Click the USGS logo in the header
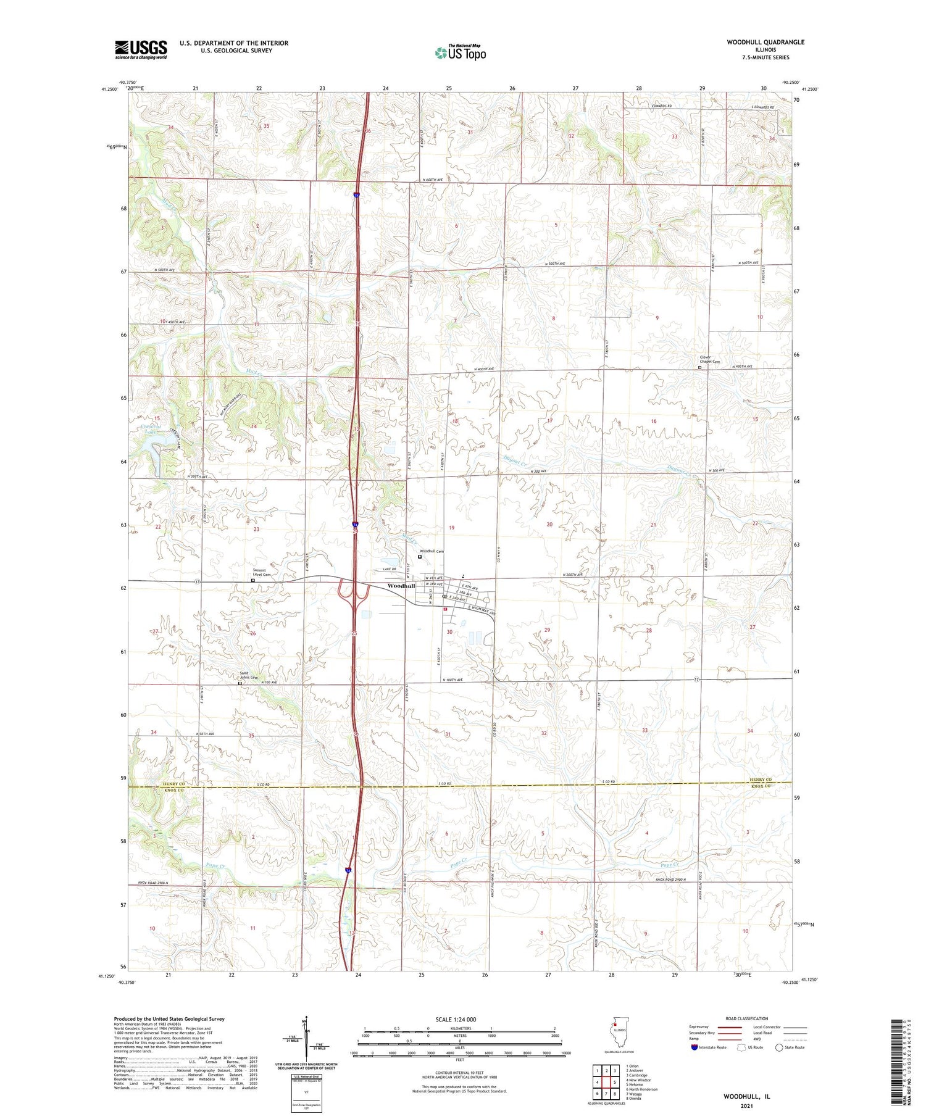click(x=141, y=49)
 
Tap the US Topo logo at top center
click(x=461, y=52)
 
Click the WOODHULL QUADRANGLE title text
click(x=765, y=42)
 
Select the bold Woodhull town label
click(x=401, y=586)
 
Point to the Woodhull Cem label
click(x=432, y=551)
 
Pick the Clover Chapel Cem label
click(x=705, y=359)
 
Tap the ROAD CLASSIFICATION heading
click(x=747, y=1018)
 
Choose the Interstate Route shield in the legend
click(x=694, y=1047)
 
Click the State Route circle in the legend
click(x=779, y=1047)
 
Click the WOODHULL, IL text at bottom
click(x=746, y=1097)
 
